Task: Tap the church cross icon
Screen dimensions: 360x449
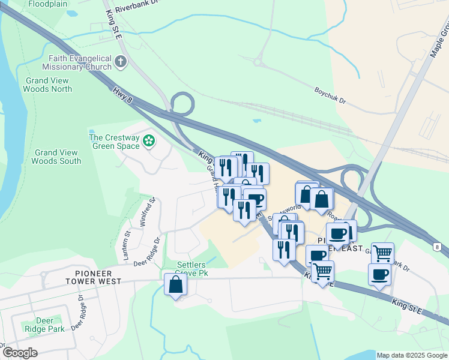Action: click(121, 62)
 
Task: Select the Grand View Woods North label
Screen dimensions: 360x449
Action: click(47, 85)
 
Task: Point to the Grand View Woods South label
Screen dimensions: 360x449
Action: click(56, 157)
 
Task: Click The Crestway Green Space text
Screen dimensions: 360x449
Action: click(114, 141)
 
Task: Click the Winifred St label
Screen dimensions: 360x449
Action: click(148, 211)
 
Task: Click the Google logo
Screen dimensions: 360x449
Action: click(19, 353)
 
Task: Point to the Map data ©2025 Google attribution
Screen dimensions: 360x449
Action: click(412, 355)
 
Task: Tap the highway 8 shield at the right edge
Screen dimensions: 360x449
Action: click(438, 247)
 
